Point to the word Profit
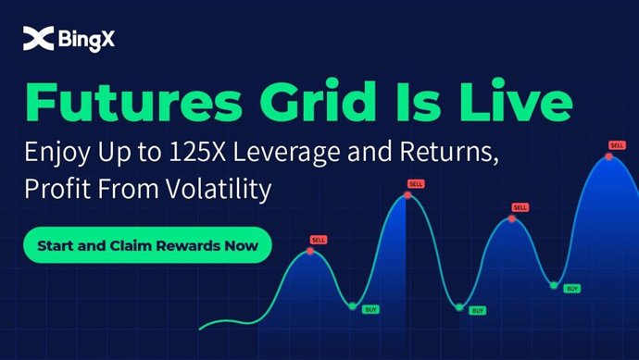[55, 191]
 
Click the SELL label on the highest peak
[617, 145]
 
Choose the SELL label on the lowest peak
[319, 240]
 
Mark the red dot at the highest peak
[608, 156]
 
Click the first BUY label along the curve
[370, 307]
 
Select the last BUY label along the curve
[572, 289]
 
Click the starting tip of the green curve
[200, 327]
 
